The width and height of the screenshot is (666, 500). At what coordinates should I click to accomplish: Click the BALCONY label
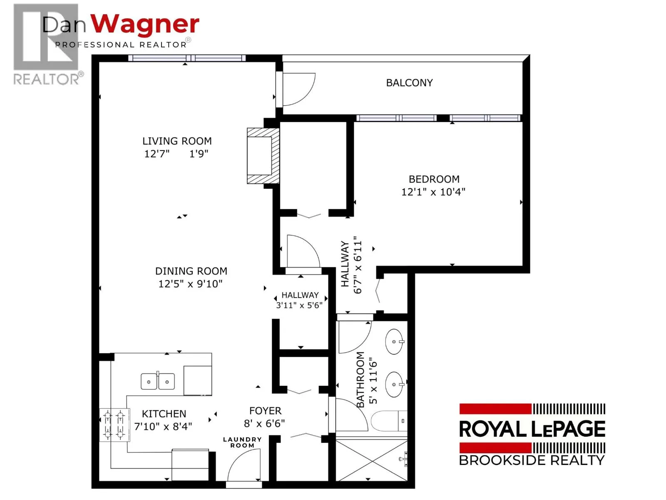(x=409, y=82)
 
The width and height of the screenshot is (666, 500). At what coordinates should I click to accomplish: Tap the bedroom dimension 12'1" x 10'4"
(x=433, y=192)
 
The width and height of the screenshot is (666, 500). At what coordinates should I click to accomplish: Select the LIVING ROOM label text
(x=177, y=141)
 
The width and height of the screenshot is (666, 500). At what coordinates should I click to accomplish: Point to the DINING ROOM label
(x=191, y=271)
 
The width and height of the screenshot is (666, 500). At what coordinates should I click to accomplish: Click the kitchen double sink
(x=157, y=381)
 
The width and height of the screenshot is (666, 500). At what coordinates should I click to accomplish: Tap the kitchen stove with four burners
(x=114, y=425)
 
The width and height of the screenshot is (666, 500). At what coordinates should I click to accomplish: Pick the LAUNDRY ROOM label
(x=242, y=442)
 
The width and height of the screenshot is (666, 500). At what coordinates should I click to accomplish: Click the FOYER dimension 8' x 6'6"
(x=264, y=423)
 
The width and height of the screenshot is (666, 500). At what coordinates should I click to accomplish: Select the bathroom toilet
(x=389, y=421)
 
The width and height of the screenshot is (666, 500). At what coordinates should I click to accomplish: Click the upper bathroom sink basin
(x=394, y=342)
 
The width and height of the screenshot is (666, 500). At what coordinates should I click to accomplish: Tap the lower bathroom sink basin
(x=394, y=384)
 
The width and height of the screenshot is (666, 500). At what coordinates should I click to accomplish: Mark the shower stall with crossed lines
(x=371, y=460)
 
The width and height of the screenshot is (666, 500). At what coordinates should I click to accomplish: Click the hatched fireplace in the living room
(x=263, y=156)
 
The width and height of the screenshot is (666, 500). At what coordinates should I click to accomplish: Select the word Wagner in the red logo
(x=145, y=25)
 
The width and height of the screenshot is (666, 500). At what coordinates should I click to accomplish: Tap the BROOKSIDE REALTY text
(x=532, y=460)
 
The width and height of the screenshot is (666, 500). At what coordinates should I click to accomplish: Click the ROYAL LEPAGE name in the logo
(x=532, y=429)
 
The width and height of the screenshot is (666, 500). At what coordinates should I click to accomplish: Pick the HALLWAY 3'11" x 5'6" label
(x=299, y=300)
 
